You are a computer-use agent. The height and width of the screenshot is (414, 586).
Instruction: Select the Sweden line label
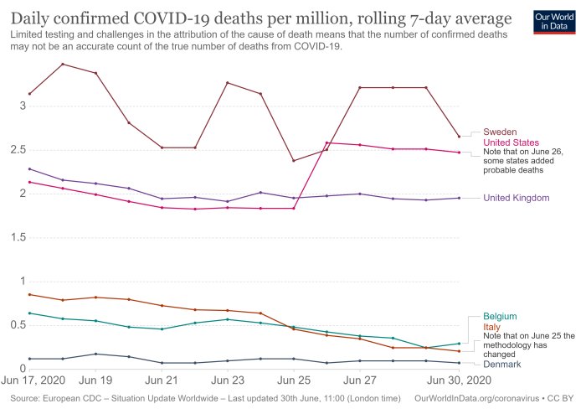(499, 132)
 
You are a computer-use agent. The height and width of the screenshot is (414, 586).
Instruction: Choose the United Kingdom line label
(517, 198)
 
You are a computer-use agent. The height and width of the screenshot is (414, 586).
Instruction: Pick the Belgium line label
(499, 316)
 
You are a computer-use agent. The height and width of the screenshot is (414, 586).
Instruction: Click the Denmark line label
(502, 365)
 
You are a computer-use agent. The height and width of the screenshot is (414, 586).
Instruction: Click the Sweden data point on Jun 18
(63, 64)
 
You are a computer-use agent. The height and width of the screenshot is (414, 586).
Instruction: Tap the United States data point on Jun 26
(326, 142)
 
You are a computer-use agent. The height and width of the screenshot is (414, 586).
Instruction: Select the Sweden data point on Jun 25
(293, 161)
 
